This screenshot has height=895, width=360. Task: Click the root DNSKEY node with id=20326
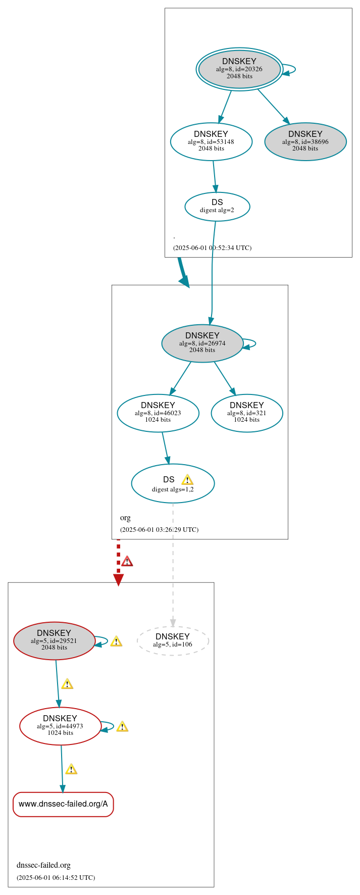pos(239,69)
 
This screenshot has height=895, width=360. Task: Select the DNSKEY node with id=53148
pos(211,141)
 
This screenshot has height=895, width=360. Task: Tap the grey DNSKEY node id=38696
pos(305,141)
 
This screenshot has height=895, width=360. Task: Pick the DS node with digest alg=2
pos(217,206)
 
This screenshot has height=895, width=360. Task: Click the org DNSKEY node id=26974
pos(202,343)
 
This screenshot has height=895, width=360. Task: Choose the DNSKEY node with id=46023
pos(158,413)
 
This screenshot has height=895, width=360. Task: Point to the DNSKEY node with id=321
pos(247,413)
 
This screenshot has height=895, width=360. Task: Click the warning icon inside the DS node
pos(187,480)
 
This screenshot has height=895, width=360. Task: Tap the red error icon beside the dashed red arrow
pos(127,561)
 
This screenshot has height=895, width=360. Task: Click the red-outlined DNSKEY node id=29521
pos(54,640)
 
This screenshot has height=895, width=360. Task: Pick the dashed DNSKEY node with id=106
pos(173,640)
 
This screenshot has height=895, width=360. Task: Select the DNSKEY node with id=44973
pos(60,726)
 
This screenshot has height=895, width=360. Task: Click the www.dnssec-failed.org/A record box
pos(63,804)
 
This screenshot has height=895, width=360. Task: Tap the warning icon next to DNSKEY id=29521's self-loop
pos(116,641)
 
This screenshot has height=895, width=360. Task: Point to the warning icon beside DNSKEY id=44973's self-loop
pos(122,727)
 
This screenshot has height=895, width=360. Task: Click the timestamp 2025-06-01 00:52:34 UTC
pos(212,248)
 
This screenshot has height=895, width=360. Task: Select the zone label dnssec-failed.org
pos(43,865)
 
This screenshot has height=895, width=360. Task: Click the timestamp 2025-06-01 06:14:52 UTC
pos(56,877)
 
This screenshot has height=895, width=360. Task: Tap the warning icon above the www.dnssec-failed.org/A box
pos(71,769)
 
